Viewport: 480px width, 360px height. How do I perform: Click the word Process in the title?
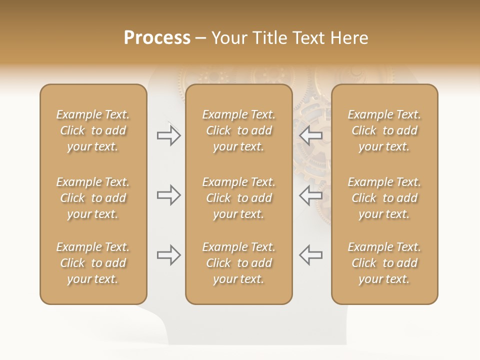pos(157,38)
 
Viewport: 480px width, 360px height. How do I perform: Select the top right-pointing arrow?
pos(168,135)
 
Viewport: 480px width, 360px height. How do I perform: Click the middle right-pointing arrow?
pos(168,195)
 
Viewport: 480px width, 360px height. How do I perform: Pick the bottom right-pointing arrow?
pos(168,255)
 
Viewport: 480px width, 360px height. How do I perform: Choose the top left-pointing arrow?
pos(310,135)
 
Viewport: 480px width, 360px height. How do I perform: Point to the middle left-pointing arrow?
pos(310,195)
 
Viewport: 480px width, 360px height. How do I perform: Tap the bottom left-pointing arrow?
pos(310,255)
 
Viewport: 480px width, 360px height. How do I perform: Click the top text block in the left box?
pos(93,130)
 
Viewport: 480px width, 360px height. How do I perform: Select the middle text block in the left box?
pos(93,198)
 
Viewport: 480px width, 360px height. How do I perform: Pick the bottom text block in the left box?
pos(93,263)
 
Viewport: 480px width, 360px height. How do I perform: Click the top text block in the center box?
pos(239,130)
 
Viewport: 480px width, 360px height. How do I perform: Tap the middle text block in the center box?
pos(239,198)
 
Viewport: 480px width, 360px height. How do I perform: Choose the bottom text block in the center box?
pos(239,263)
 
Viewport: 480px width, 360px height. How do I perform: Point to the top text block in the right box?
pos(384,130)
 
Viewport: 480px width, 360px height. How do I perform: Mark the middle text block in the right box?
pos(384,198)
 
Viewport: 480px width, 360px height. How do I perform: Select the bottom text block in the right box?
pos(384,263)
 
